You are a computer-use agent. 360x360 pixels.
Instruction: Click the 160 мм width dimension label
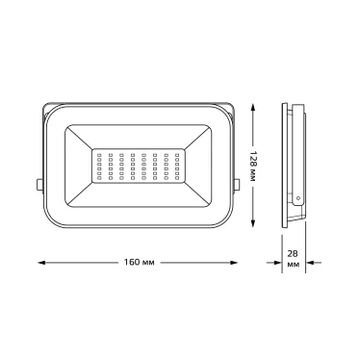tap(140, 261)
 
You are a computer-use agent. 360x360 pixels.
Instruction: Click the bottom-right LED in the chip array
tap(179, 180)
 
